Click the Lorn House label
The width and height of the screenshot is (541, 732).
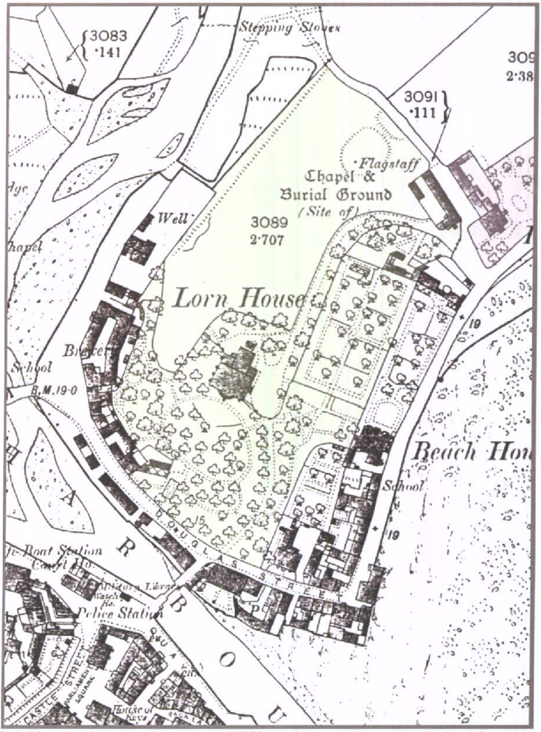click(x=239, y=299)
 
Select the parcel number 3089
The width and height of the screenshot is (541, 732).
click(x=269, y=223)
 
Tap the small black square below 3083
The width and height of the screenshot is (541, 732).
click(x=71, y=89)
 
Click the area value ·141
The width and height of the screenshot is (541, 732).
click(x=107, y=53)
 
